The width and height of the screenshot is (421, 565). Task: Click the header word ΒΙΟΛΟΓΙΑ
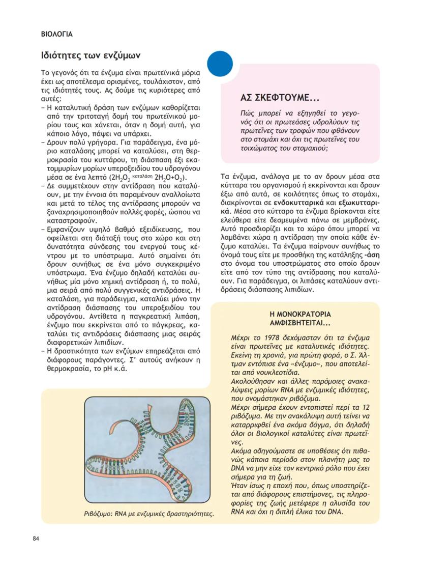[x=56, y=35]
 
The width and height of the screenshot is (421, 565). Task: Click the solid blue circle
[x=219, y=64]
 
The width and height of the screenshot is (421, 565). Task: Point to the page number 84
[x=36, y=539]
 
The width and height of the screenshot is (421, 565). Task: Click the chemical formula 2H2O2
[x=122, y=178]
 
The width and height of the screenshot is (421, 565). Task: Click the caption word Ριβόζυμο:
[x=100, y=514]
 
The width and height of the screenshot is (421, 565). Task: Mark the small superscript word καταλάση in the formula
[x=149, y=175]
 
